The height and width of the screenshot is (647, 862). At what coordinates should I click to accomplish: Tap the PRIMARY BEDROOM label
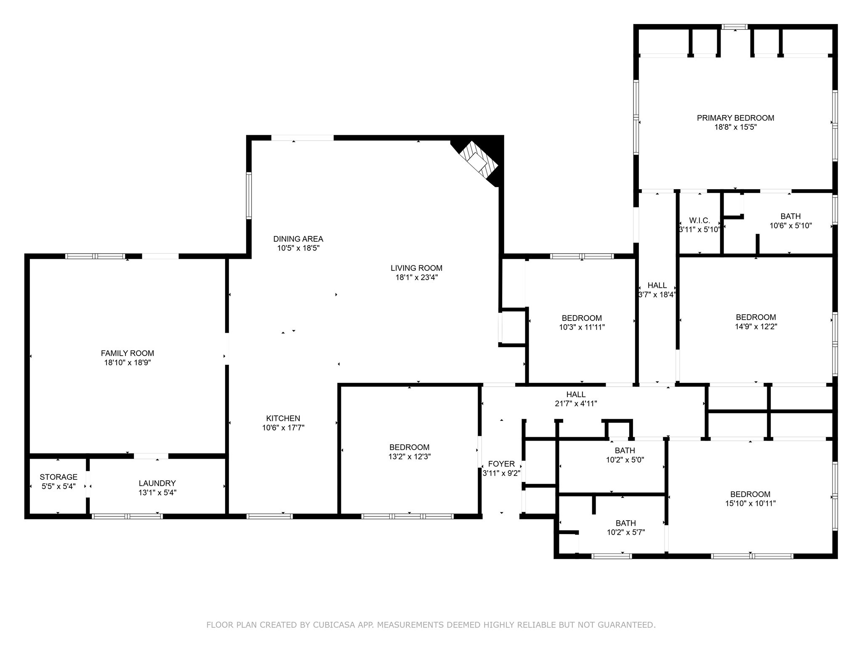(735, 118)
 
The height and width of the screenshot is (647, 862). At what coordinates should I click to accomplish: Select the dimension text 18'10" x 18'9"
(128, 362)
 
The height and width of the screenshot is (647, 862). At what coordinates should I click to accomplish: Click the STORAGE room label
(59, 477)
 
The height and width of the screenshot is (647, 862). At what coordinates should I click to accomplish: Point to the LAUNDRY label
(157, 483)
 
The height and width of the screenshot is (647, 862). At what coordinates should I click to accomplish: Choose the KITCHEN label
(283, 418)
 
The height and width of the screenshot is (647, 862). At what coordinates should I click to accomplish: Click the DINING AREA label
(298, 239)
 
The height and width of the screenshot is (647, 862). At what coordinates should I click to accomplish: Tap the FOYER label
(501, 464)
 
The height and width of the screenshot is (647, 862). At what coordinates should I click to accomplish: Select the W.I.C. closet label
(700, 220)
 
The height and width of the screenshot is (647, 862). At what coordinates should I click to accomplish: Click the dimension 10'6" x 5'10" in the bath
(790, 226)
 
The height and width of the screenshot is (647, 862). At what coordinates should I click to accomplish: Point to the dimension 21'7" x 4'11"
(576, 404)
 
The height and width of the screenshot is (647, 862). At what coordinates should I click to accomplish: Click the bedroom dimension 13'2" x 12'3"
(409, 456)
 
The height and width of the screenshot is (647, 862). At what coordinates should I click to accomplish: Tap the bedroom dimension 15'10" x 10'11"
(750, 503)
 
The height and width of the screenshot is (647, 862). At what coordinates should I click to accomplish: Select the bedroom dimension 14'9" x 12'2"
(756, 326)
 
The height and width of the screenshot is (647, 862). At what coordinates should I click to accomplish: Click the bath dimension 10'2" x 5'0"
(625, 460)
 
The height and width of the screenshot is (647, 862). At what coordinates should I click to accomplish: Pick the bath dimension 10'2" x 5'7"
(625, 532)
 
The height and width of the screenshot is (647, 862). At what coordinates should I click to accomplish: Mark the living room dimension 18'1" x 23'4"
(416, 277)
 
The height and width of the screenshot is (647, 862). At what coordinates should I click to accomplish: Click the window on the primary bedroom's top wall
(734, 27)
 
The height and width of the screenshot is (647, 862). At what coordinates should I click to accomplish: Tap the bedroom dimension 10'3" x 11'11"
(582, 327)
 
